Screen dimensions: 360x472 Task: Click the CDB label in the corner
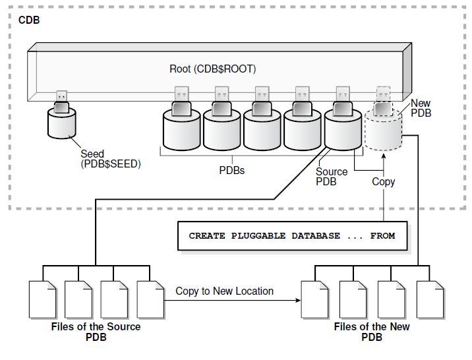29,20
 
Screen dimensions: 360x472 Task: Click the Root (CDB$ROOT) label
212,69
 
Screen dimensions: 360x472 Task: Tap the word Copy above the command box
383,181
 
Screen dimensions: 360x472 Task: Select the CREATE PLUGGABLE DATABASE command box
292,235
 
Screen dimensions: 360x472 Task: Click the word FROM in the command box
382,235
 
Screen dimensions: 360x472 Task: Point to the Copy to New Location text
224,291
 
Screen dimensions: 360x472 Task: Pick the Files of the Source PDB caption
96,332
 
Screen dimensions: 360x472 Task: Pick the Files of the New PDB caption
371,332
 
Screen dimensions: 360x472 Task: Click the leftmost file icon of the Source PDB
43,301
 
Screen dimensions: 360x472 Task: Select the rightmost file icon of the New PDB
431,301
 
